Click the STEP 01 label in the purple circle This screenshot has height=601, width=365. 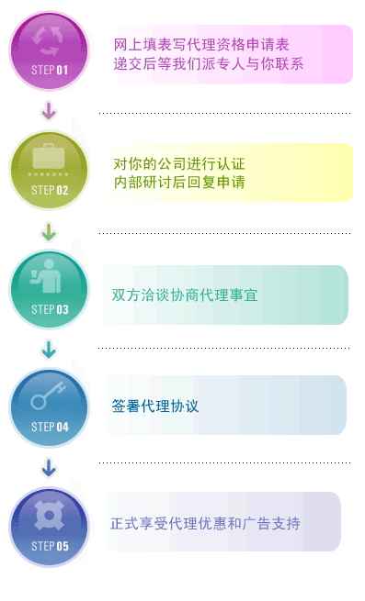(x=50, y=70)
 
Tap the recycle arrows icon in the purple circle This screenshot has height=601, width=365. (x=48, y=40)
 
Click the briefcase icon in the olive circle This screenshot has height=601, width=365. (x=49, y=156)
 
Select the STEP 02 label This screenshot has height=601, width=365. (x=50, y=190)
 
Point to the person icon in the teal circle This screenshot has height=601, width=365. (x=46, y=276)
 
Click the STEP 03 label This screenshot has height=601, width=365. (x=50, y=309)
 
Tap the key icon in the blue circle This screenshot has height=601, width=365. (x=48, y=395)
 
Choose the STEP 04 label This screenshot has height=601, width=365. (x=50, y=427)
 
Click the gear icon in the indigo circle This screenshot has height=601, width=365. (x=49, y=516)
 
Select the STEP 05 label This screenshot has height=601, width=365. (x=50, y=546)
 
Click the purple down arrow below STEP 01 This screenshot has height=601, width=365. (x=49, y=111)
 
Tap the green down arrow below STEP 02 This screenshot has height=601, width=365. (x=49, y=231)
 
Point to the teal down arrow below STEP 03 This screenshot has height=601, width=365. (x=49, y=349)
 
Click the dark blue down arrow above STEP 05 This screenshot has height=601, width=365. (x=49, y=468)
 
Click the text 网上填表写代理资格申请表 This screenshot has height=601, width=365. (x=201, y=45)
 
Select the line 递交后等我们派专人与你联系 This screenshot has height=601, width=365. (x=209, y=63)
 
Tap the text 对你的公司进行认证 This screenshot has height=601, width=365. (x=179, y=164)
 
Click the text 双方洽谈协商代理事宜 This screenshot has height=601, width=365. (x=185, y=295)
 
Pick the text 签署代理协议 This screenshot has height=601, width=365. (x=155, y=406)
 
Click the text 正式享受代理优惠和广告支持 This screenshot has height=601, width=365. (x=206, y=523)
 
